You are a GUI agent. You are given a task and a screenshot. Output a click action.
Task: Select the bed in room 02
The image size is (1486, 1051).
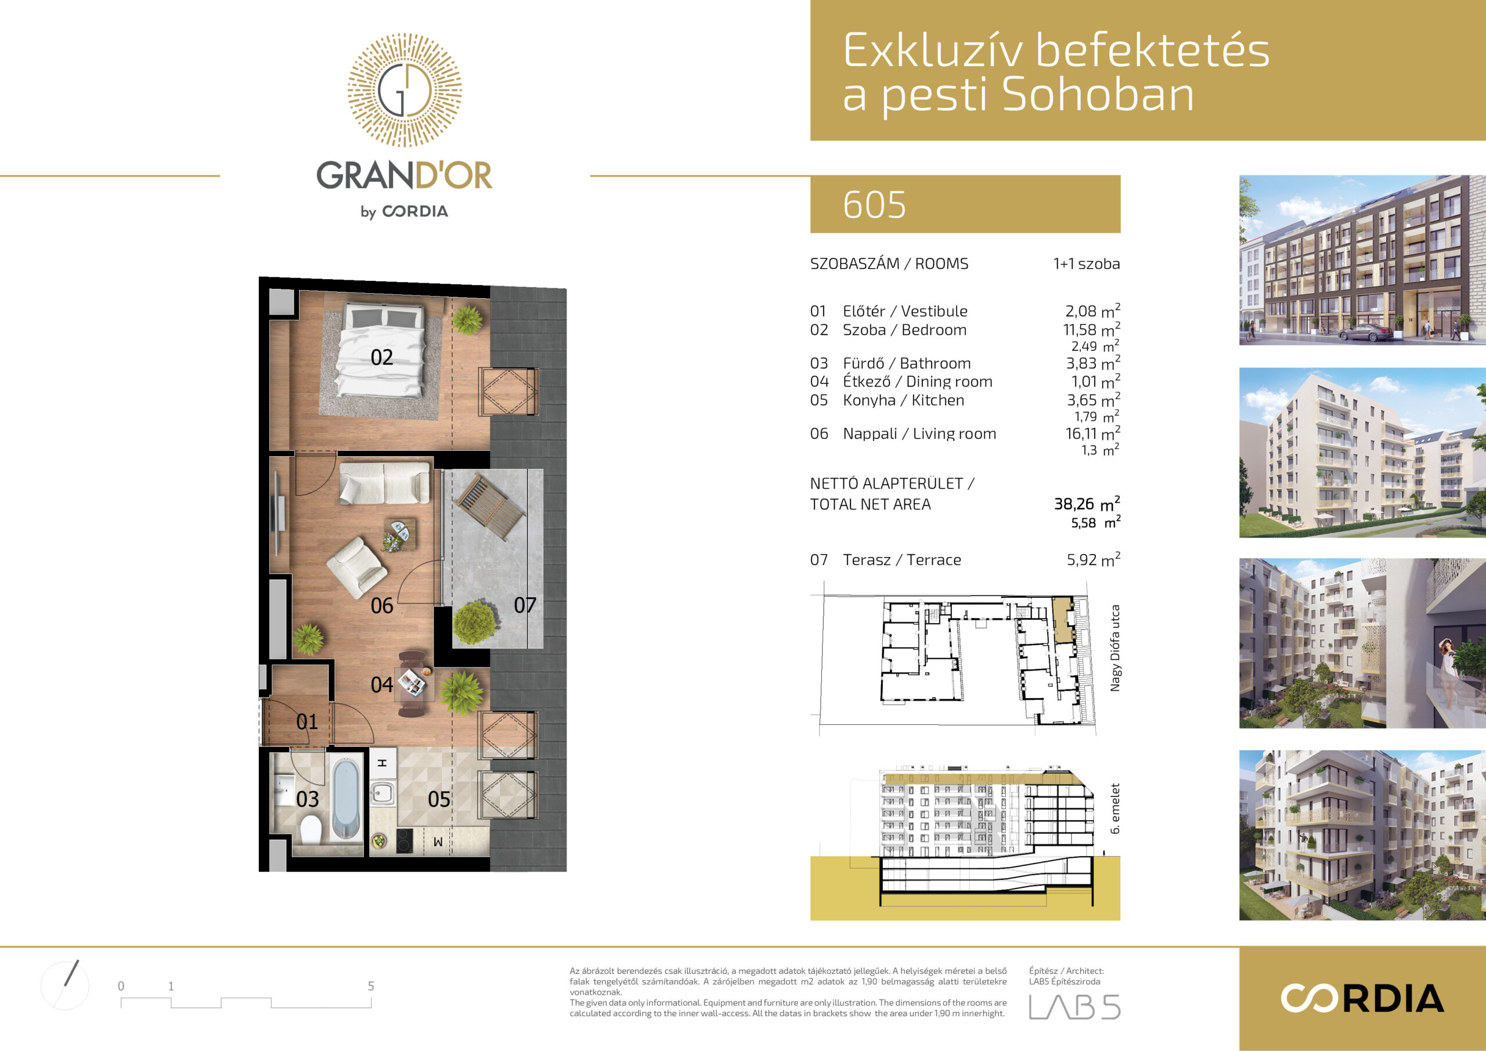(x=382, y=349)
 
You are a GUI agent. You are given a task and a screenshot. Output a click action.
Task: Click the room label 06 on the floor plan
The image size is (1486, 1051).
(x=382, y=606)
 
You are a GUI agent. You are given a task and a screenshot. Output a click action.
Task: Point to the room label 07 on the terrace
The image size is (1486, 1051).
(x=525, y=605)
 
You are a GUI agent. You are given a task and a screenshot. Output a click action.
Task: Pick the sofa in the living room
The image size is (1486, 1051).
(x=384, y=482)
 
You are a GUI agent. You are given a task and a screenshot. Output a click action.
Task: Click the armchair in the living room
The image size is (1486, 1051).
(x=356, y=567)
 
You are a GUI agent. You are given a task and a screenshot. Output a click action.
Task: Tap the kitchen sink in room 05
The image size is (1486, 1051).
(x=383, y=792)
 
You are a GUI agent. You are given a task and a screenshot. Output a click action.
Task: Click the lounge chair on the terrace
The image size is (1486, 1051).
(x=489, y=506)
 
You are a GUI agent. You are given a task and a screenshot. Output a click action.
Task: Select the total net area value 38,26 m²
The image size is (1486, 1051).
(x=1087, y=504)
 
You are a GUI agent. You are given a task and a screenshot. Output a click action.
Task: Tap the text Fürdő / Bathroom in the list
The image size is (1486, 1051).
(x=907, y=363)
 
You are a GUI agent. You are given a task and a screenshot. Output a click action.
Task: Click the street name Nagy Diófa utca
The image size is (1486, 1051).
(x=1115, y=648)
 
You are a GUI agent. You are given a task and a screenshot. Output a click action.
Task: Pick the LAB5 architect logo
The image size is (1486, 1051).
(x=1074, y=1007)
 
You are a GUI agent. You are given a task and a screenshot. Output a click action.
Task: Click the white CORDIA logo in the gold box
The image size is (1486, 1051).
(x=1362, y=999)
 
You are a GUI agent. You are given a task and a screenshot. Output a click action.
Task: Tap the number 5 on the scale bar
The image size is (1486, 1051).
(x=371, y=986)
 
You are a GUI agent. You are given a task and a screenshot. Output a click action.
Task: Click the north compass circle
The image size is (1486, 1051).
(x=64, y=985)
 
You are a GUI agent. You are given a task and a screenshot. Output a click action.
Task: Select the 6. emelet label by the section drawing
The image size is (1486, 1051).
(x=1115, y=808)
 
